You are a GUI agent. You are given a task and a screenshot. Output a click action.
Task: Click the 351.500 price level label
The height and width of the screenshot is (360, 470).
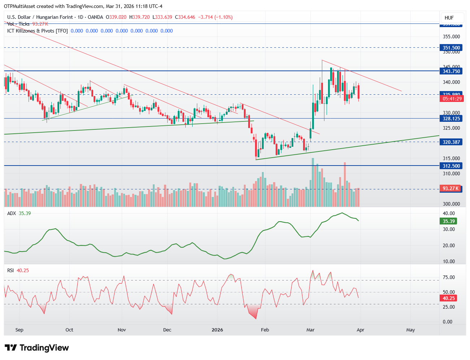point(451,48)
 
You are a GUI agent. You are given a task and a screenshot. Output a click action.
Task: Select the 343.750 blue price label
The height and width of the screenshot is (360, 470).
point(451,71)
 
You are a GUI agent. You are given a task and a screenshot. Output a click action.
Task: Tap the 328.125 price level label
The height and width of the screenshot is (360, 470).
point(451,119)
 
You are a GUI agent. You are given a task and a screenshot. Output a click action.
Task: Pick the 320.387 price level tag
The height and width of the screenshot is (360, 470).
point(451,142)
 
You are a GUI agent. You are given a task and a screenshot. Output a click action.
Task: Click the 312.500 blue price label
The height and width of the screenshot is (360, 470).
point(451,166)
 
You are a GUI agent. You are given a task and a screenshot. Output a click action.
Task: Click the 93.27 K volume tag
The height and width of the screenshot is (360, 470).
point(451,188)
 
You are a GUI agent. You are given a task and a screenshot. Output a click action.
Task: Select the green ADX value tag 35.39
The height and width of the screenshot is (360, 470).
point(449,221)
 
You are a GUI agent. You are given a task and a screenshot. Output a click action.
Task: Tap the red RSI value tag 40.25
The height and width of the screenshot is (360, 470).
point(449,298)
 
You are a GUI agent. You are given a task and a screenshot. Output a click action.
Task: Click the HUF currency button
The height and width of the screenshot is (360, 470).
point(449,18)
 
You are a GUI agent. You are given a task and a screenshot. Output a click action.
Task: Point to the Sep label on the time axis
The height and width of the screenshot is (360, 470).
point(20,330)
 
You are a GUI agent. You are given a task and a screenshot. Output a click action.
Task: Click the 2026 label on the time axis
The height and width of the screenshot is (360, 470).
point(217,330)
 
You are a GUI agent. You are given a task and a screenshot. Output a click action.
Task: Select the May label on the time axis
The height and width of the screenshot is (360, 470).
point(410,330)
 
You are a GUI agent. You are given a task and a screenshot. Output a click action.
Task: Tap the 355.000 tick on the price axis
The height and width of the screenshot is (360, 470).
point(451,37)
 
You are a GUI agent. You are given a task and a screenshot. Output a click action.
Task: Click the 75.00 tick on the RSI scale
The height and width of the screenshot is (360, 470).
point(449,277)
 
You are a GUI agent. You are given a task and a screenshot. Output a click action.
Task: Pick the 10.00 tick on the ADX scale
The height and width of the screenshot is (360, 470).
point(449,261)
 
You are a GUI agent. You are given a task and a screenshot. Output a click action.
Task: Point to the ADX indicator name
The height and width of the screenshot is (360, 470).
point(12,213)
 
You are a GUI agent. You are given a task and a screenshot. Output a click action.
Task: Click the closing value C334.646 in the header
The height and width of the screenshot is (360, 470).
point(185,17)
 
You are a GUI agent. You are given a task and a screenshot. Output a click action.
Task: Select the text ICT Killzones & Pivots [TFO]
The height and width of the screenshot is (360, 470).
point(37,31)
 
